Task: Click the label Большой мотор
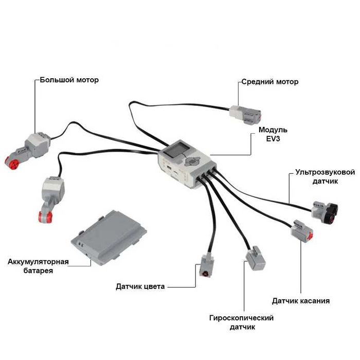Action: pos(69,80)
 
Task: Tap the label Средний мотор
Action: pos(270,82)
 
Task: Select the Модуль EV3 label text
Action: pos(273,134)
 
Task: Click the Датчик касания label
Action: pos(301,301)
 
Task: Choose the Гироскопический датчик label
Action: pos(241,322)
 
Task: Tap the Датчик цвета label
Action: pos(140,286)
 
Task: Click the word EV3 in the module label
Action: pos(273,139)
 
